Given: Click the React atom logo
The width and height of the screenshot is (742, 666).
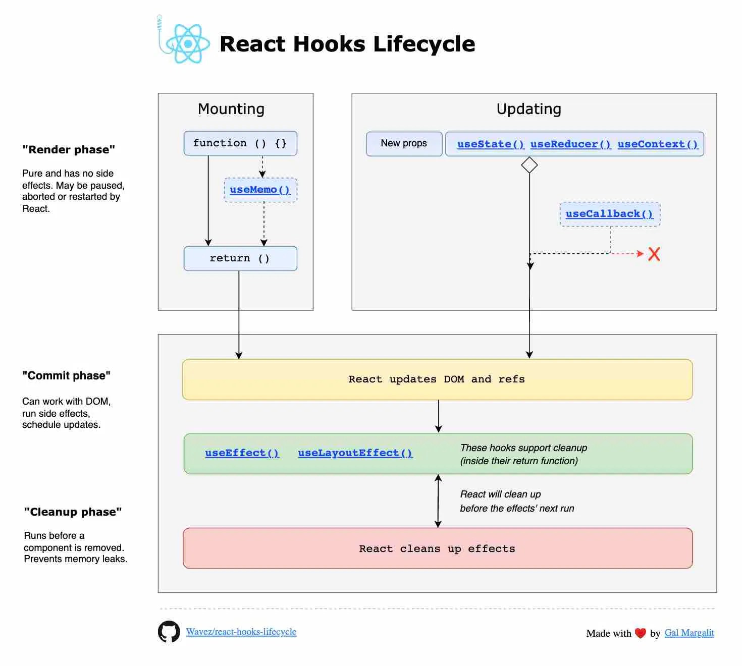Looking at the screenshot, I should [187, 44].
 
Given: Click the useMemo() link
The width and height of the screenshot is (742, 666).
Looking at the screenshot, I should [260, 190].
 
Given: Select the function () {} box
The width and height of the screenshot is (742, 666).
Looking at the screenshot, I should [240, 143].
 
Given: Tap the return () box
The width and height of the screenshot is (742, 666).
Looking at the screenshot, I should [240, 258].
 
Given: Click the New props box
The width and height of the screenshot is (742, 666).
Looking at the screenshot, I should [404, 144].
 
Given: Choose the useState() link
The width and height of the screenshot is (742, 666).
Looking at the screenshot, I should [490, 144].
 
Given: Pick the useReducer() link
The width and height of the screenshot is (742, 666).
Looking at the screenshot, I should [570, 144].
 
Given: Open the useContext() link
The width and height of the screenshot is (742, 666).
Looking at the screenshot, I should [657, 144].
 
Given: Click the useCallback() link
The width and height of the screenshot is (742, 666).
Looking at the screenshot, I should [609, 214].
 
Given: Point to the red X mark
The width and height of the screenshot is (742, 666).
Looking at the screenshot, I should [654, 254].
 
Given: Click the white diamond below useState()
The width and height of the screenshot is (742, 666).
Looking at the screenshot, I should [529, 165].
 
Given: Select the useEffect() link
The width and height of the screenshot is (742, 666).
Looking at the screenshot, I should [242, 453].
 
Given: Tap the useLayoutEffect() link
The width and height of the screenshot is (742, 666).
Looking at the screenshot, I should [355, 453].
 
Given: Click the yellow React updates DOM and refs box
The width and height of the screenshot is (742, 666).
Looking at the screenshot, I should [437, 379].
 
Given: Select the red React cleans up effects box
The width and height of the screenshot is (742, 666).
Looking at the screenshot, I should [437, 548].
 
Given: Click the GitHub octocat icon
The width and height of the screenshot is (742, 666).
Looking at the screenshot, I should [169, 632].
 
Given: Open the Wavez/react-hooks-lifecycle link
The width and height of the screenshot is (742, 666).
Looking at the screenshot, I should [241, 632].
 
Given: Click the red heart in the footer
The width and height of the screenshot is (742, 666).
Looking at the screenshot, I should [641, 633].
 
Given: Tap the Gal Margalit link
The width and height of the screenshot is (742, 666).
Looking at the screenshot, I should [689, 633].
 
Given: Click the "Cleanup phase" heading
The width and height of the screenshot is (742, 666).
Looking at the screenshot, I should [73, 512].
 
